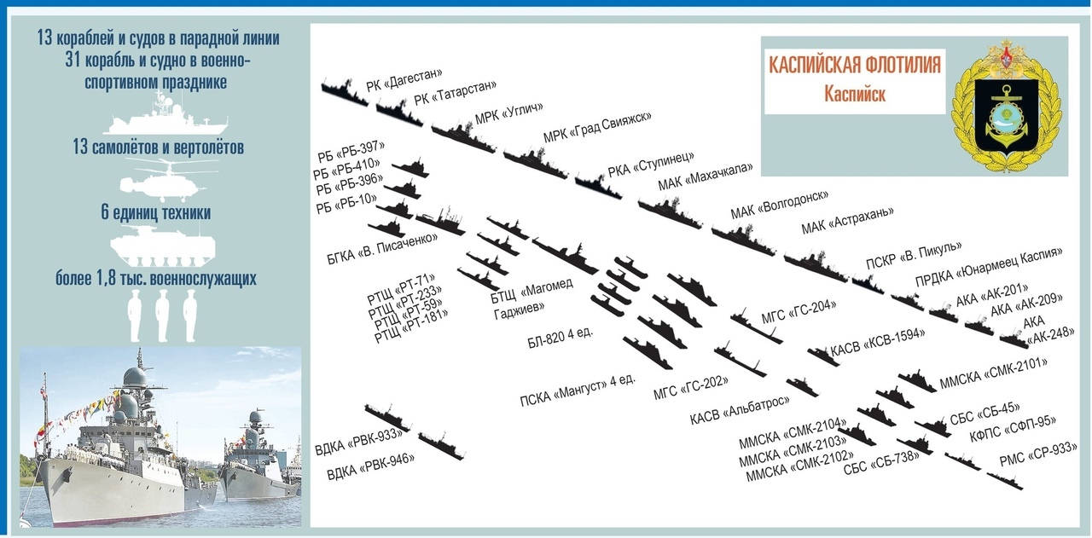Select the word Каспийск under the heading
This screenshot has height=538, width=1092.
pos(855,93)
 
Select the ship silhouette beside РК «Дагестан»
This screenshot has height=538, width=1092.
pos(344,90)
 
